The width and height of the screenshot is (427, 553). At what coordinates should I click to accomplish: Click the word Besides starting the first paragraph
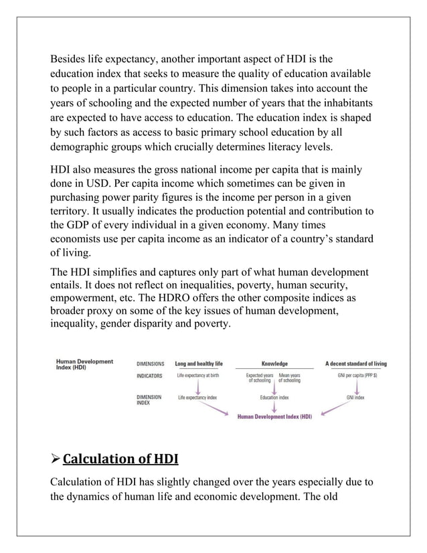pos(71,60)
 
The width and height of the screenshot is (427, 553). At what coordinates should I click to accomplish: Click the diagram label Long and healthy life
pos(199,364)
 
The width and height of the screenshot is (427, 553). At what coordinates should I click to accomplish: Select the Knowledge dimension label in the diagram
pos(274,364)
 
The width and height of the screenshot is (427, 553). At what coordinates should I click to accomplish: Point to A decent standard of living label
pos(355,364)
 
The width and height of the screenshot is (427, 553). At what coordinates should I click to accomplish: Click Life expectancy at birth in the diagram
pos(198,376)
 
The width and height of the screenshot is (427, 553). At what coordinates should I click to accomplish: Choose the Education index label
pos(274,397)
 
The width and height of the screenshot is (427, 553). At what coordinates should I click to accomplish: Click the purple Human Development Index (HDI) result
pos(274,416)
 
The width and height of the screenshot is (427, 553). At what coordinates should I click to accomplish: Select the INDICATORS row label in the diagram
pos(150,376)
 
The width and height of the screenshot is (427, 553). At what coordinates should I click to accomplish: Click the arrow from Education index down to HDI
pos(274,406)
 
